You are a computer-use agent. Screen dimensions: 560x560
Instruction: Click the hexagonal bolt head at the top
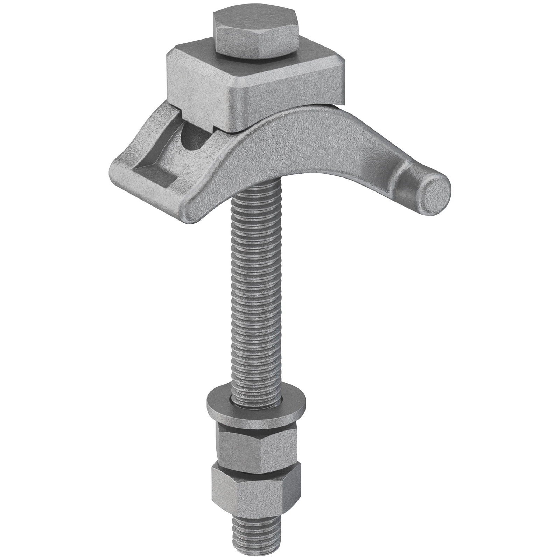[x=255, y=38]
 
